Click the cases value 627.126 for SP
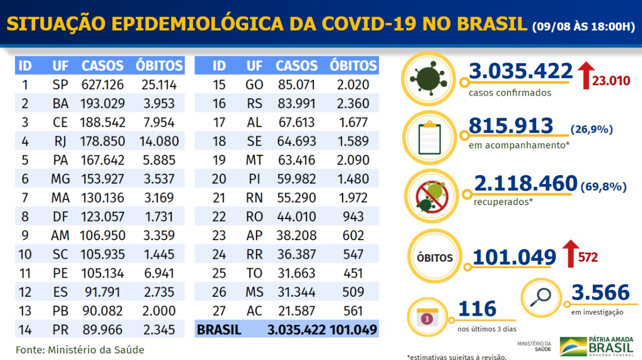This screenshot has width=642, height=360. point(102,85)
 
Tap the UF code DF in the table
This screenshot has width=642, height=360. point(60,217)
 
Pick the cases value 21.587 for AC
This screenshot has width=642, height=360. point(296,311)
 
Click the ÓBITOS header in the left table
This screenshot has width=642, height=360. point(159,66)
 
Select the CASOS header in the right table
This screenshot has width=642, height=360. point(296,66)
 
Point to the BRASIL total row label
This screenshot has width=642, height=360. point(219,330)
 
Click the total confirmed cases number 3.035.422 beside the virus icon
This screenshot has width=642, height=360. point(521,72)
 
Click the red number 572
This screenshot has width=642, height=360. point(588,258)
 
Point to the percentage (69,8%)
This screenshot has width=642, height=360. point(603,187)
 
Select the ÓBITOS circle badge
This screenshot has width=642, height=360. point(434,258)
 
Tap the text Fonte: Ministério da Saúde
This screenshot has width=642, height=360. point(80,349)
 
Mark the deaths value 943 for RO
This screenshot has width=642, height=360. point(353,217)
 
